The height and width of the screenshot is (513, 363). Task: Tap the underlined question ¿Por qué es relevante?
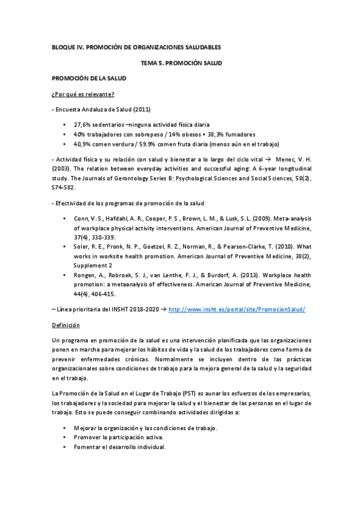(x=84, y=94)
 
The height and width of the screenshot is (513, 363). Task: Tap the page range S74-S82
(x=64, y=188)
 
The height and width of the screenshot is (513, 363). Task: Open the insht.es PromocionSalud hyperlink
(x=237, y=309)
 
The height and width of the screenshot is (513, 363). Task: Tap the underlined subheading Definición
(x=67, y=325)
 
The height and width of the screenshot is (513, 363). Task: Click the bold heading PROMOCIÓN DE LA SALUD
(x=88, y=79)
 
